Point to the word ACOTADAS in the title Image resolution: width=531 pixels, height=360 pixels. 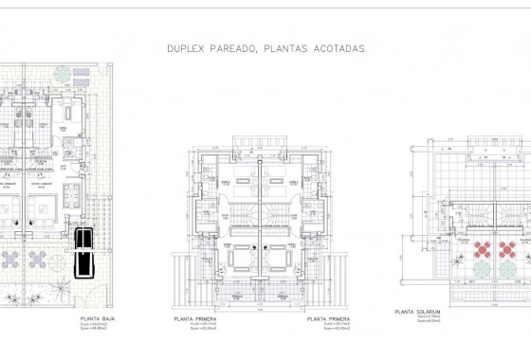[338, 46]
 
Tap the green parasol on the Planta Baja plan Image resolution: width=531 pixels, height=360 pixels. [61, 74]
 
